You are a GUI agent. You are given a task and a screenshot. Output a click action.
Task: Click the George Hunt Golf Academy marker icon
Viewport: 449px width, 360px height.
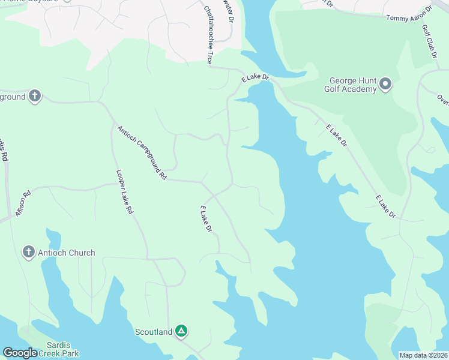click(385, 84)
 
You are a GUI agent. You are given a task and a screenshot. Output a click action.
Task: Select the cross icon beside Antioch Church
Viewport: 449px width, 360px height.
click(28, 253)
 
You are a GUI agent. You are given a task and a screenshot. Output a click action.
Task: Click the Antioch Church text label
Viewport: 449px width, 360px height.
click(67, 253)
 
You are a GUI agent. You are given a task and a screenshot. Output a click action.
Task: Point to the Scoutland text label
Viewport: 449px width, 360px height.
click(153, 331)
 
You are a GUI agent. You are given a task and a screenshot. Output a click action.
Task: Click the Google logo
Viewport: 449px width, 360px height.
click(20, 353)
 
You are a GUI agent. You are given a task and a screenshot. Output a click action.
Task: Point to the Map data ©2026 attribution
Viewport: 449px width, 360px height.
click(423, 355)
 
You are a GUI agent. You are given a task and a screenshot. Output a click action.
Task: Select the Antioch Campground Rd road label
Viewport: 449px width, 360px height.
click(142, 152)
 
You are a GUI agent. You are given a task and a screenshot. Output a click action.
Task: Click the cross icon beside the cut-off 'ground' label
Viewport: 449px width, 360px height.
click(34, 96)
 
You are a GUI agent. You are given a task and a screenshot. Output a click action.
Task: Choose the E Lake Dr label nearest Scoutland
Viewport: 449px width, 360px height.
click(206, 219)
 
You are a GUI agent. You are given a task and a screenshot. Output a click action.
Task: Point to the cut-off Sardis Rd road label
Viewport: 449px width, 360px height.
click(4, 150)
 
